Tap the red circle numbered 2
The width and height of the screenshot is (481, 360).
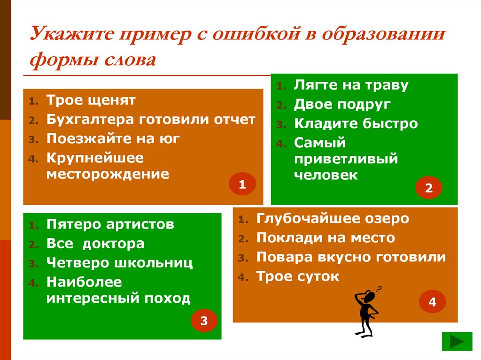click(x=429, y=189)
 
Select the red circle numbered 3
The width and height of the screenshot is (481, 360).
click(x=204, y=321)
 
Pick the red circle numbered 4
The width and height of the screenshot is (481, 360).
click(x=432, y=303)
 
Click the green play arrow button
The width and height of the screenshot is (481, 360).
click(x=457, y=341)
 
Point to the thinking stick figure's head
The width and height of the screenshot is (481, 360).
click(x=370, y=297)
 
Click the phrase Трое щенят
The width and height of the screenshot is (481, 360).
click(x=91, y=100)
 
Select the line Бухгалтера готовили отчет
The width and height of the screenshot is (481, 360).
click(x=151, y=119)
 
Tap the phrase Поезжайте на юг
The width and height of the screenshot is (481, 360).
click(x=113, y=138)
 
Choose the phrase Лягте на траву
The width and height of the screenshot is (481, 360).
click(x=351, y=85)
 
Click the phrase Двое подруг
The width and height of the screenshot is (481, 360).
click(x=342, y=104)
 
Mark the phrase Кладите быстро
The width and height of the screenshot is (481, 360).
click(x=356, y=123)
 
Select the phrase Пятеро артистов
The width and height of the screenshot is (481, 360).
click(x=110, y=224)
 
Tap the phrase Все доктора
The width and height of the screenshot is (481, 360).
click(x=95, y=244)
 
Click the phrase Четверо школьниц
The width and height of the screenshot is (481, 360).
click(x=120, y=263)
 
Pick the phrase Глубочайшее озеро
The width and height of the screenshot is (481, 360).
click(x=333, y=219)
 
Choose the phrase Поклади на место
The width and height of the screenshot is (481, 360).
click(x=326, y=238)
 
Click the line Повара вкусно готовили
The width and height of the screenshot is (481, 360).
click(x=351, y=257)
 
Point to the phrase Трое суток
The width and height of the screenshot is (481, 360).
click(x=297, y=276)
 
